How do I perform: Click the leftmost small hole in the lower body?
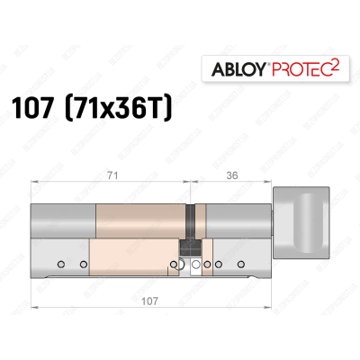59,265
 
